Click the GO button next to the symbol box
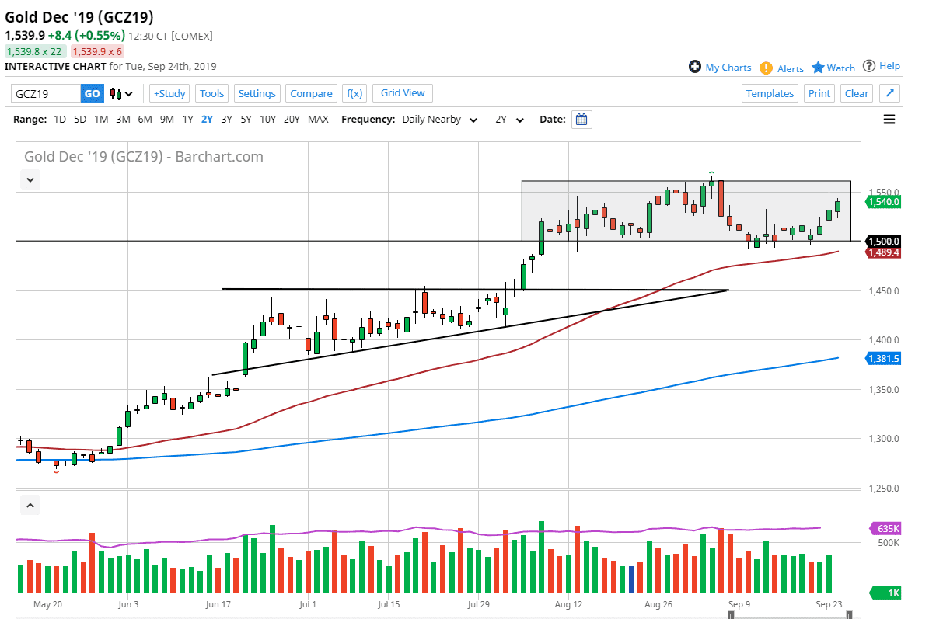[x=92, y=93]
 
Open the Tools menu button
[x=211, y=93]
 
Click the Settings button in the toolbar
[x=257, y=93]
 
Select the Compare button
[x=311, y=93]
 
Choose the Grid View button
[x=403, y=93]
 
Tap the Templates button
[x=770, y=93]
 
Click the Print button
[x=819, y=93]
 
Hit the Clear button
[x=856, y=93]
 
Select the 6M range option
[x=145, y=120]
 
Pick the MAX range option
[x=318, y=120]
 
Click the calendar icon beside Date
[x=581, y=120]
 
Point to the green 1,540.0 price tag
[x=884, y=202]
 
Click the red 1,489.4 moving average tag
[x=884, y=252]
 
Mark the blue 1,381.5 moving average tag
[x=884, y=358]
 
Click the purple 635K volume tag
[x=886, y=528]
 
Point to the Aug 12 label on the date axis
[x=569, y=603]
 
